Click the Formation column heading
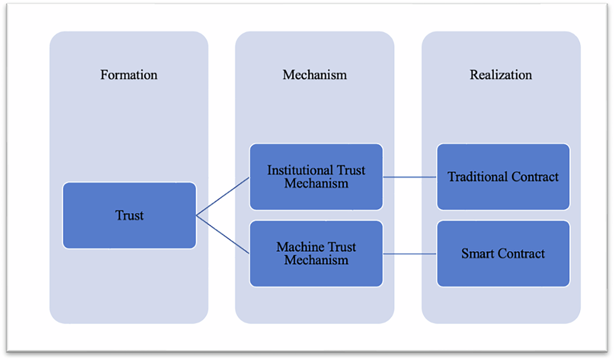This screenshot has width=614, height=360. coord(129,75)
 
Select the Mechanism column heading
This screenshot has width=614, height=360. coord(315,75)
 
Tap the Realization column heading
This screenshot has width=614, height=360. coord(501,75)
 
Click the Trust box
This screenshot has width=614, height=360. coord(129,215)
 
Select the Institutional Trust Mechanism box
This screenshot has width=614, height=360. coord(316,176)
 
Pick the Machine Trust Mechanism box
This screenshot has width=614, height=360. coord(316,254)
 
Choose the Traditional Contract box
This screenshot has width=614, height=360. coord(503,177)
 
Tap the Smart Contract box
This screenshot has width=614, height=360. coord(503,254)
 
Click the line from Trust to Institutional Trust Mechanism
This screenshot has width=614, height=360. coord(223,196)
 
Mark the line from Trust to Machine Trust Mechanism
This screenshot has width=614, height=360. coord(223,235)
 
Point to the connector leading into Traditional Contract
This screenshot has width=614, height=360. coord(410,177)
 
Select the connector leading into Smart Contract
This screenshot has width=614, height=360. coord(410,254)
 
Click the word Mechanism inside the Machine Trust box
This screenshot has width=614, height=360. coord(316,260)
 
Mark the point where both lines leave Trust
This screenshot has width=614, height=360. coord(197,215)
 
